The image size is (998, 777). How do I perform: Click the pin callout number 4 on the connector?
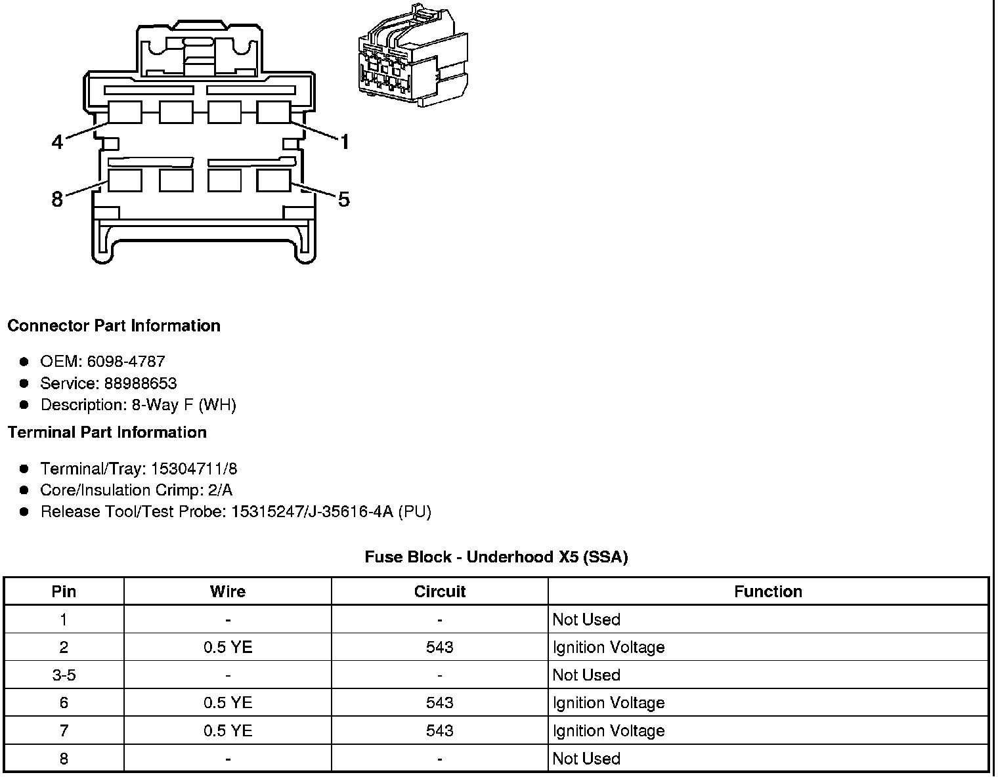pos(58,141)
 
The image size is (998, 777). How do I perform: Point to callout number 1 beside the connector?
pos(344,141)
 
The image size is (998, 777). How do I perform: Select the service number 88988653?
pos(141,383)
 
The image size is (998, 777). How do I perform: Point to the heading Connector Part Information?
pos(114,326)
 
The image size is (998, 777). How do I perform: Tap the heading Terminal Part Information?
pos(107,432)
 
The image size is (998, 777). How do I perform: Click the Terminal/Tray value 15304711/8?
pos(194,469)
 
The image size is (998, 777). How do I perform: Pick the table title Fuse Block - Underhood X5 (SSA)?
pos(496,557)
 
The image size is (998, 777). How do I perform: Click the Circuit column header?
pos(439,591)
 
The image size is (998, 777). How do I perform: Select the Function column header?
pos(768,591)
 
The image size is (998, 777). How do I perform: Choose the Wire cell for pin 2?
pos(228,647)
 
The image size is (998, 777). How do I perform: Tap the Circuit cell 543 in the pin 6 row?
pos(439,703)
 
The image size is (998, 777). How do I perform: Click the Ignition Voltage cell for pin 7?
pos(609,730)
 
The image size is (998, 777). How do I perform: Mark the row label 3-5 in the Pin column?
pos(64,675)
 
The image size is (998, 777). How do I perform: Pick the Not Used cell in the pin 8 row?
pos(586,759)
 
